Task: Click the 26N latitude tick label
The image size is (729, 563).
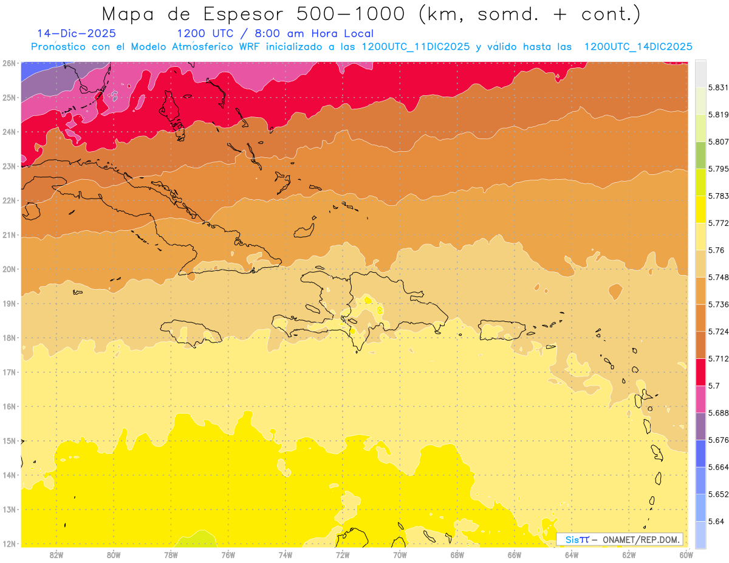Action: (x=9, y=63)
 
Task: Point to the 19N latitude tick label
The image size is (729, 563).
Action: (x=9, y=304)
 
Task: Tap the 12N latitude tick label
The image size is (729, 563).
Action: (x=9, y=544)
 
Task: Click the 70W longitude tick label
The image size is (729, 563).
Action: (x=400, y=554)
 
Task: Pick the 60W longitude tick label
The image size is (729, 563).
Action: (x=686, y=554)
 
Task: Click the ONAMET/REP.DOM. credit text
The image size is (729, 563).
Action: (x=640, y=539)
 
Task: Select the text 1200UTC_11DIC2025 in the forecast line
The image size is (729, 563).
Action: (x=415, y=47)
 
